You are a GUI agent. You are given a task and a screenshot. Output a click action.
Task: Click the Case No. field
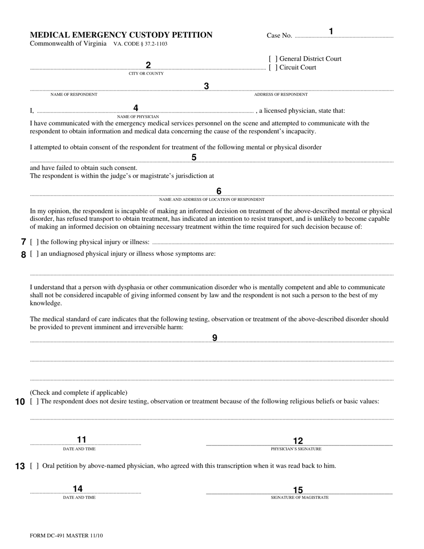344,36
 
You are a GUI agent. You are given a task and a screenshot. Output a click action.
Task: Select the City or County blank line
147,69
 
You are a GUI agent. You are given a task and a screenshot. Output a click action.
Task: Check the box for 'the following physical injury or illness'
34,242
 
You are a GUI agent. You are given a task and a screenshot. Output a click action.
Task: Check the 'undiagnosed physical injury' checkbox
34,254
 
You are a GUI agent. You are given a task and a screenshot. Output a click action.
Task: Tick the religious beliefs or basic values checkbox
34,401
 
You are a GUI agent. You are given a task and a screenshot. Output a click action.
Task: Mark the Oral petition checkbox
34,466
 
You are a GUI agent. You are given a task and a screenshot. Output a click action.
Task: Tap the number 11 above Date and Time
82,440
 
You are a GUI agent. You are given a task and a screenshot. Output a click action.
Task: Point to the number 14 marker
78,489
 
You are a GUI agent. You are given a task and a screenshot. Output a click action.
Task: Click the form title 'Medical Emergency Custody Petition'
121,35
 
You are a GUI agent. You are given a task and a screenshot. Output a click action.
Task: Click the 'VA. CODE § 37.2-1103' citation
141,44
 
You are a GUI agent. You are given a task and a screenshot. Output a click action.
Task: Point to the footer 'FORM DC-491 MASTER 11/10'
66,535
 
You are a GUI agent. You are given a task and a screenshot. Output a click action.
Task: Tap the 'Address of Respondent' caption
281,95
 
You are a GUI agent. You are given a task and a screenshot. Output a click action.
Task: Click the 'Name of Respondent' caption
74,95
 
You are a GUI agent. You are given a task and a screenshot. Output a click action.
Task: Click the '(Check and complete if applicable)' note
79,393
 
